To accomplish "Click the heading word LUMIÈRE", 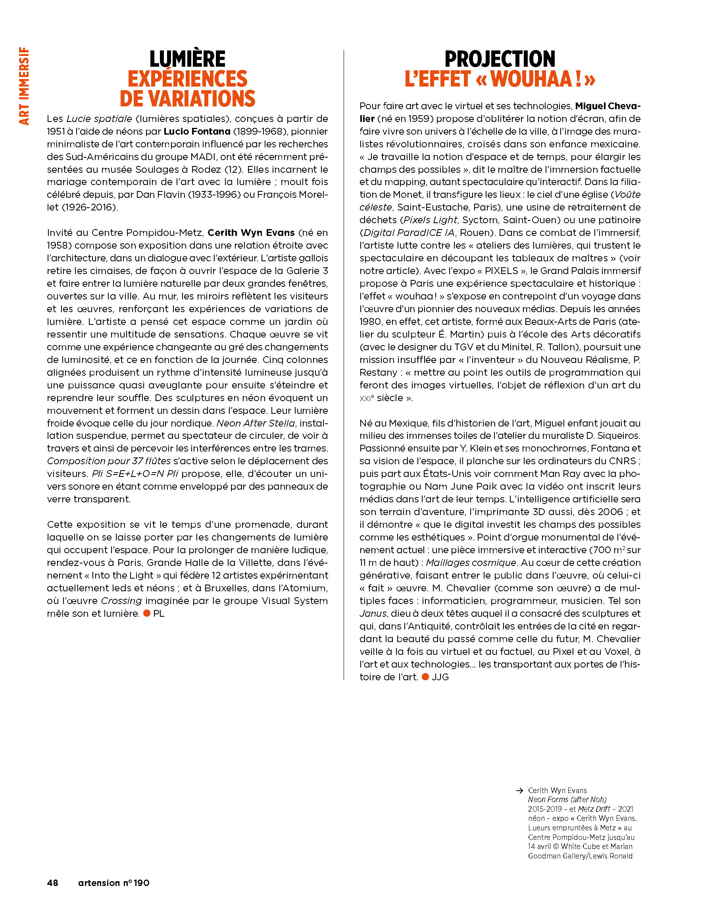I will click(x=187, y=59).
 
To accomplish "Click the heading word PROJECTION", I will click(x=500, y=59).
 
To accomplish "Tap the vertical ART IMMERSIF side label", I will click(x=24, y=86).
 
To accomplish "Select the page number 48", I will click(x=52, y=883).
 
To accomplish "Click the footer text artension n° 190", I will click(x=113, y=883).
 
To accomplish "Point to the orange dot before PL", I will click(x=147, y=614).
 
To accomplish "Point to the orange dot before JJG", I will click(x=425, y=677).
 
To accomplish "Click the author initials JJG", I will click(x=440, y=677).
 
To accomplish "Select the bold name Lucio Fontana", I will click(x=197, y=131).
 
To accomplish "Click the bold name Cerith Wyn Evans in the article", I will click(x=251, y=233).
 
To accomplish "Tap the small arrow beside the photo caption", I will click(x=519, y=791).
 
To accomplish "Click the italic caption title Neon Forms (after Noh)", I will click(x=567, y=799).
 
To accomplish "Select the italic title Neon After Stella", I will click(x=256, y=423).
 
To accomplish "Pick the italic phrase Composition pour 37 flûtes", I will click(x=108, y=461).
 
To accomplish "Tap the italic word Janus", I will click(x=373, y=614).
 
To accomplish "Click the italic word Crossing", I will click(x=121, y=601).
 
